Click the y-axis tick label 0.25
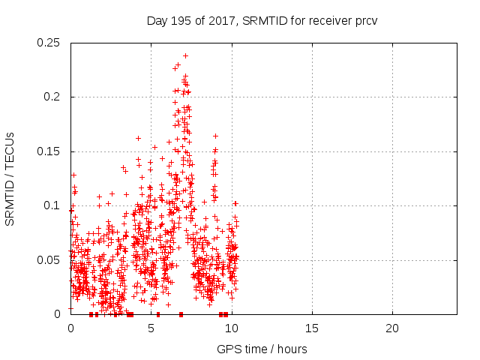click(49, 43)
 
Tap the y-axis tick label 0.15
click(49, 151)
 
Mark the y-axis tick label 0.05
click(49, 259)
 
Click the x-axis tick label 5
click(151, 328)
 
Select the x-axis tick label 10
click(231, 328)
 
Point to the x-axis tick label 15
click(311, 328)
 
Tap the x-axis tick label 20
click(391, 328)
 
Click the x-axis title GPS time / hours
click(262, 349)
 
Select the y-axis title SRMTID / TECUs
click(10, 178)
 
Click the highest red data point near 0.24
click(185, 55)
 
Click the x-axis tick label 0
click(70, 328)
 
